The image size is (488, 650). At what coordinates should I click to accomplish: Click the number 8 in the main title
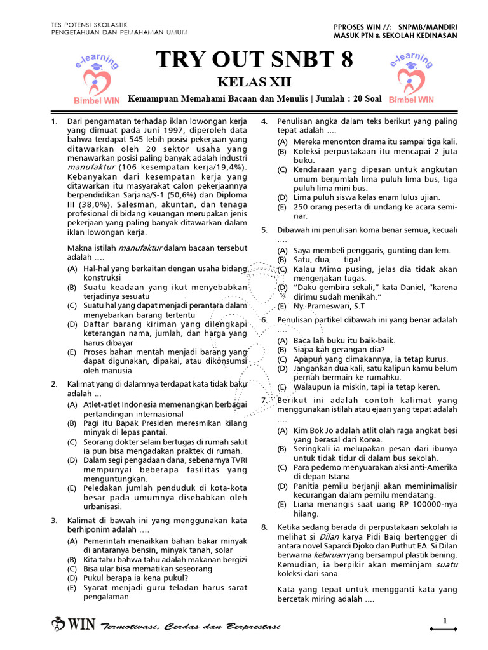(x=342, y=61)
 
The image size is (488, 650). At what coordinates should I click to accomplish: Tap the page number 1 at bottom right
(x=445, y=621)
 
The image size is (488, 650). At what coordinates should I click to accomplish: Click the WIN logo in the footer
(x=75, y=624)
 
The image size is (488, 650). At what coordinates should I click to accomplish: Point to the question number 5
(x=264, y=230)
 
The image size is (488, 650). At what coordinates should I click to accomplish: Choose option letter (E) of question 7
(x=282, y=505)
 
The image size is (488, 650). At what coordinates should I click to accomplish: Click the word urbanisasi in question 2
(x=105, y=507)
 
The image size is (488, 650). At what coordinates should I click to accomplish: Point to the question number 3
(x=55, y=521)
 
